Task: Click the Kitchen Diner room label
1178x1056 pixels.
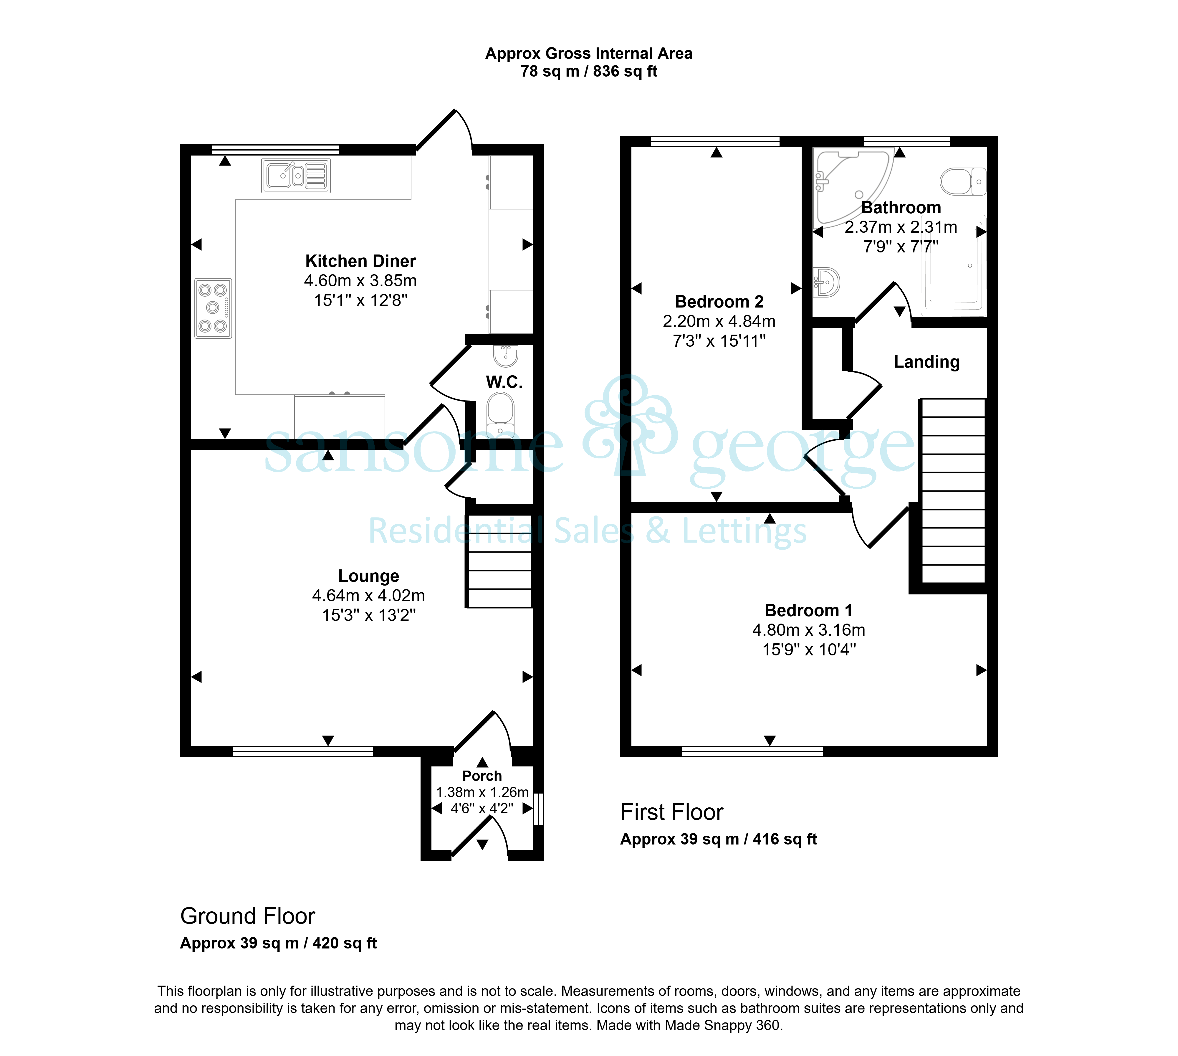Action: tap(360, 261)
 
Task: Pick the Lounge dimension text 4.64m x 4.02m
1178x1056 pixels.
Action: tap(368, 595)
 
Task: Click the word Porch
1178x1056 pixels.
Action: tap(482, 776)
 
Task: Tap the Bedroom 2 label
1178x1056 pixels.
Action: tap(719, 302)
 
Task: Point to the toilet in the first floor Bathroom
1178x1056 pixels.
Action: tap(963, 182)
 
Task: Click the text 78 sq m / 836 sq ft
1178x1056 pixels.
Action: tap(589, 71)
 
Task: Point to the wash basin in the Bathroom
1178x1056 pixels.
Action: tap(826, 282)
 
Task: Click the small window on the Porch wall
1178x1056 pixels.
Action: tap(538, 809)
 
